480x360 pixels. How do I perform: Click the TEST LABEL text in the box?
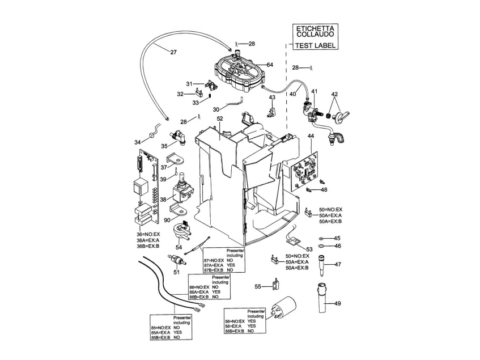[x=315, y=45]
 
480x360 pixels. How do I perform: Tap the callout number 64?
[x=270, y=65]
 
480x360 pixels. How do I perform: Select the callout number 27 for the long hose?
[x=173, y=52]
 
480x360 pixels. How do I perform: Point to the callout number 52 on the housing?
[x=220, y=118]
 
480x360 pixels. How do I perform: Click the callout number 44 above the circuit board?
[x=311, y=135]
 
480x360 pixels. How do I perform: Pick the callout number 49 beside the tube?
[x=337, y=303]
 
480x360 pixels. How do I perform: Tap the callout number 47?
[x=337, y=264]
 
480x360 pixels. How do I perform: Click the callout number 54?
[x=179, y=247]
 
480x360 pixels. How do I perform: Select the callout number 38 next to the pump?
[x=163, y=200]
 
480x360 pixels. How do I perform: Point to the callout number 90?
[x=167, y=221]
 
